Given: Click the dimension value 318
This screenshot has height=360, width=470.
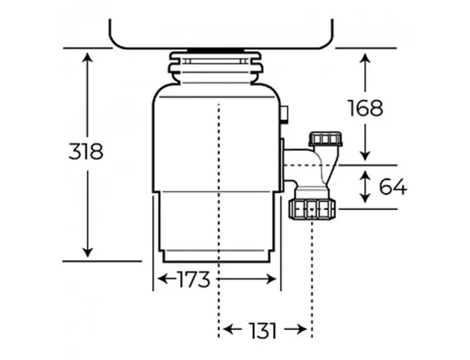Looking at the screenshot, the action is pyautogui.click(x=86, y=152).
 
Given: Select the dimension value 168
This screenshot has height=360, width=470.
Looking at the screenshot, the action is pyautogui.click(x=365, y=108).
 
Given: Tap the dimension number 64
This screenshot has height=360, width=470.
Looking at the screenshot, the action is pyautogui.click(x=393, y=186).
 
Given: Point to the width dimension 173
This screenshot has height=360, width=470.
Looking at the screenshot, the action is pyautogui.click(x=194, y=279).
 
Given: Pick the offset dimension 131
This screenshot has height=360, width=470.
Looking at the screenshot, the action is pyautogui.click(x=263, y=330).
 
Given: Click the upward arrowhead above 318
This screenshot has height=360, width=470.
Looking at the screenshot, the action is pyautogui.click(x=87, y=57).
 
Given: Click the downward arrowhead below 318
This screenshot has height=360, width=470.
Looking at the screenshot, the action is pyautogui.click(x=87, y=252).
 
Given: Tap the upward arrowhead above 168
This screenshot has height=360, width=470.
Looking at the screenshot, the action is pyautogui.click(x=365, y=58).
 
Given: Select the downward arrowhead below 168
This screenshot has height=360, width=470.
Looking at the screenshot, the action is pyautogui.click(x=365, y=156).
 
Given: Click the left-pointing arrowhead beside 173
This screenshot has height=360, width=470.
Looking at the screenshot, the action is pyautogui.click(x=163, y=279).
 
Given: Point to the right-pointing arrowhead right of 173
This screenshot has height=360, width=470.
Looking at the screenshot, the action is pyautogui.click(x=271, y=279).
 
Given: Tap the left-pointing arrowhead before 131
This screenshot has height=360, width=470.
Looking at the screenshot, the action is pyautogui.click(x=228, y=330).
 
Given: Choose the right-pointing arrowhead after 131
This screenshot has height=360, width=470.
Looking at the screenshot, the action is pyautogui.click(x=302, y=330).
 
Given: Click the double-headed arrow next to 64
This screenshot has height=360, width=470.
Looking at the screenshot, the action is pyautogui.click(x=365, y=186).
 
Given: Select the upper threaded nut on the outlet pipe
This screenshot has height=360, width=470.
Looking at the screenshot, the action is pyautogui.click(x=325, y=138).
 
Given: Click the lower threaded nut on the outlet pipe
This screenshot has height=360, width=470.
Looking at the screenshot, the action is pyautogui.click(x=312, y=209).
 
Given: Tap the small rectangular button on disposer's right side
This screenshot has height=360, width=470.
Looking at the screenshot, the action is pyautogui.click(x=285, y=114).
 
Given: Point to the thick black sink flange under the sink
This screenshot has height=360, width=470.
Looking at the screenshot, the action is pyautogui.click(x=216, y=50).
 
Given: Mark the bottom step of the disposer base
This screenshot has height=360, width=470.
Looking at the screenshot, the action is pyautogui.click(x=216, y=257).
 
